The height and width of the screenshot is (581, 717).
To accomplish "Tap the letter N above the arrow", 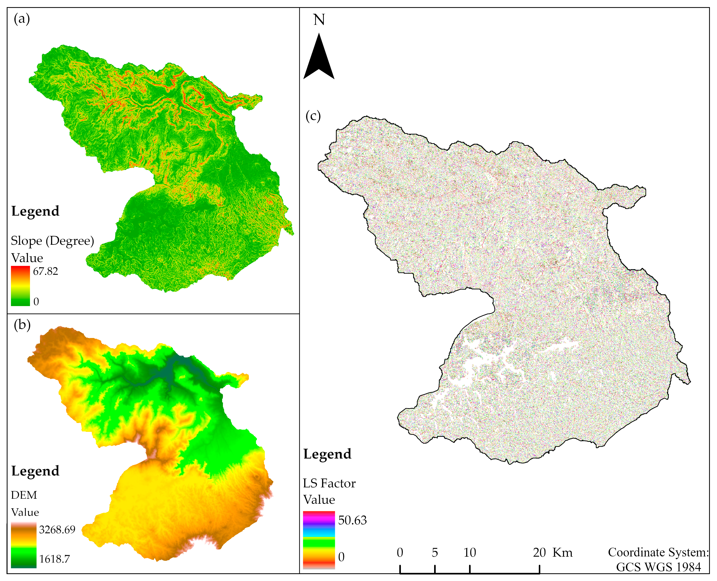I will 319,20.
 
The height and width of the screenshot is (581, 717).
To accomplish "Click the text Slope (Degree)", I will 52,241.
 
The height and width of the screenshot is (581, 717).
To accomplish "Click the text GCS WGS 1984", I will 658,567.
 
